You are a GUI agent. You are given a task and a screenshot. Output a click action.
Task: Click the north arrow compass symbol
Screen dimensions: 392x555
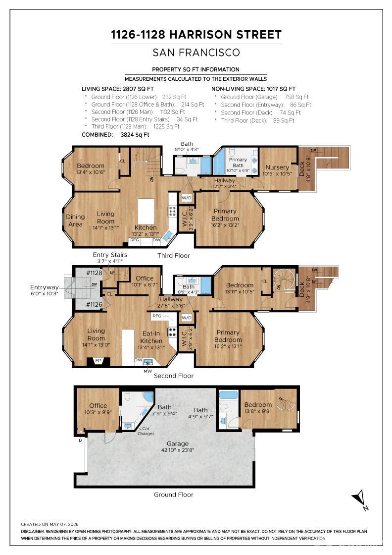pyautogui.click(x=360, y=499)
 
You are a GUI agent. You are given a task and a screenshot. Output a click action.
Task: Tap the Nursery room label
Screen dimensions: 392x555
pyautogui.click(x=277, y=167)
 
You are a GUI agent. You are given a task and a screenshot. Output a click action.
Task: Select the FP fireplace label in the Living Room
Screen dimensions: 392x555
pyautogui.click(x=98, y=361)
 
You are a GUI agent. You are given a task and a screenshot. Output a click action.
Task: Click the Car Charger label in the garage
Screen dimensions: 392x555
pyautogui.click(x=146, y=431)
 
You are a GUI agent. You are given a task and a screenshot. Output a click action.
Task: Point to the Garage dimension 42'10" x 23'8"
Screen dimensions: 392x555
pyautogui.click(x=178, y=450)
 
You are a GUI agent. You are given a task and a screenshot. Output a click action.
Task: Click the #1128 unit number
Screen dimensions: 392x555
pyautogui.click(x=94, y=273)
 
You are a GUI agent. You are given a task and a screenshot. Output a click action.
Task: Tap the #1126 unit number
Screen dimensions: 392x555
pyautogui.click(x=94, y=304)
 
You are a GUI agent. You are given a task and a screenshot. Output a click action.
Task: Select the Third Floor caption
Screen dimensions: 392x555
pyautogui.click(x=174, y=256)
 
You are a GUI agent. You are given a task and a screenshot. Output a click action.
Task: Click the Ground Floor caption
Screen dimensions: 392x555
pyautogui.click(x=174, y=495)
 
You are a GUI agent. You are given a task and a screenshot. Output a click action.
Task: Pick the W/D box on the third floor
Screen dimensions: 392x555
pyautogui.click(x=186, y=198)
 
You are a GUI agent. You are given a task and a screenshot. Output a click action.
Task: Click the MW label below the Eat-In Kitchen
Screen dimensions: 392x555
pyautogui.click(x=147, y=371)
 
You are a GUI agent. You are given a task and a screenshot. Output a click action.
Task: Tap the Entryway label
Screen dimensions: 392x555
pyautogui.click(x=44, y=287)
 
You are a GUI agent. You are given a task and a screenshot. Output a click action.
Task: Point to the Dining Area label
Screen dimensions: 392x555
pyautogui.click(x=75, y=220)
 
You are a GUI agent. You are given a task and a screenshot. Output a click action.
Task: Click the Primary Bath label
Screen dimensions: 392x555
pyautogui.click(x=238, y=162)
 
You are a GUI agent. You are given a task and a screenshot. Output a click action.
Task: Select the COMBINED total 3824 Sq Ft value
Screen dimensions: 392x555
pyautogui.click(x=135, y=134)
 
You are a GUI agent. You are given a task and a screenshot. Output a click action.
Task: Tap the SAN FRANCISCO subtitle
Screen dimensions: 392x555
pyautogui.click(x=196, y=53)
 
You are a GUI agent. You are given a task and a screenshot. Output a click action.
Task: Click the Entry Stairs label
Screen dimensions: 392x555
pyautogui.click(x=110, y=255)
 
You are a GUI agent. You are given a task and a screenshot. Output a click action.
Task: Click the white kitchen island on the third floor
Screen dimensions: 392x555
pyautogui.click(x=146, y=211)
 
